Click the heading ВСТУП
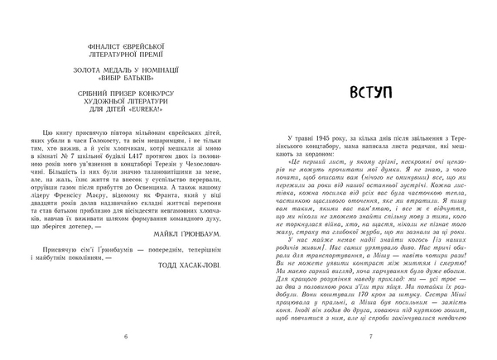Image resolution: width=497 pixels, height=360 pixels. [x=376, y=92]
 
